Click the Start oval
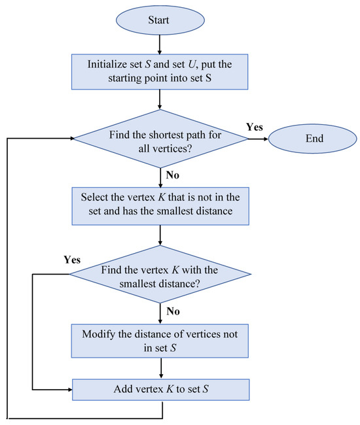coord(160,21)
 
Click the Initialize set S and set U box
coord(160,72)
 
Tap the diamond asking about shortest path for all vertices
coord(160,138)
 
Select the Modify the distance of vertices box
coord(160,340)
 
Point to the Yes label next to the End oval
coord(255,126)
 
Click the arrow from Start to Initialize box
coord(160,45)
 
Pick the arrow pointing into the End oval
coord(258,138)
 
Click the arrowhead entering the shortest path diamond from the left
coord(68,138)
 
